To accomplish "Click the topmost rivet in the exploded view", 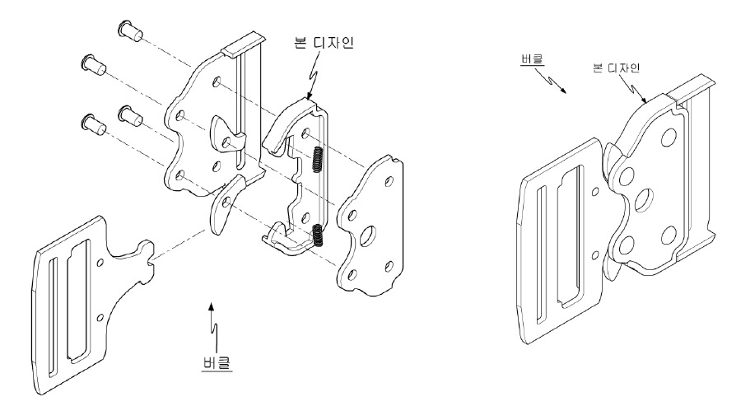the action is pos(130,30).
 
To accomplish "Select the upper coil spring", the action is pos(318,160).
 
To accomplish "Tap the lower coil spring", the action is pos(319,236).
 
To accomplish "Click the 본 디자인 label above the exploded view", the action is pos(324,43).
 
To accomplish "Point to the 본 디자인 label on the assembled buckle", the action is pos(616,68).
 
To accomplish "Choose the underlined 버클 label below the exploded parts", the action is pos(217,363).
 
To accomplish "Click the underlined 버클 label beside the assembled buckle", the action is pos(533,59).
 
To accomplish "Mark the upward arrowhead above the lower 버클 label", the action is pos(212,307).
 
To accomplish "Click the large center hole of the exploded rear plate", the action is pos(368,236).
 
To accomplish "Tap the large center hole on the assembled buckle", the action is pos(644,200).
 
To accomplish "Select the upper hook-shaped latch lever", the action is pos(227,136).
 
